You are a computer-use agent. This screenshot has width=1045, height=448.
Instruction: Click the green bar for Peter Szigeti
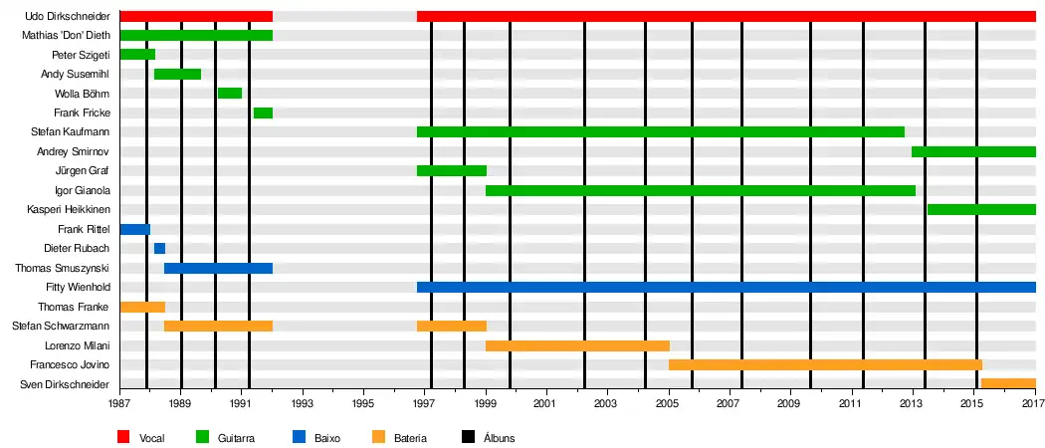point(137,55)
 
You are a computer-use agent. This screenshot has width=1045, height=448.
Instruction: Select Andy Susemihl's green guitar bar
point(177,74)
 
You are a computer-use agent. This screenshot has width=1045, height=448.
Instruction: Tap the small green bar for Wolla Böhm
point(230,94)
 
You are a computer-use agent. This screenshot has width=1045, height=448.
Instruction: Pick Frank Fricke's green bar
point(263,112)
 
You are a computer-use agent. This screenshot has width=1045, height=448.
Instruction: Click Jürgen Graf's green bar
point(452,171)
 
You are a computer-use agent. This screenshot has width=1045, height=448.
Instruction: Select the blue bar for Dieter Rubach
point(160,249)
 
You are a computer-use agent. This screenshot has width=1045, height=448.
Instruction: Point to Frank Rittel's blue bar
point(134,229)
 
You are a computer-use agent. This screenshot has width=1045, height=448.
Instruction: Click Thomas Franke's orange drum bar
point(142,307)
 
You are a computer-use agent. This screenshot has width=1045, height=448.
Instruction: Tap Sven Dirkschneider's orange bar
point(1008,384)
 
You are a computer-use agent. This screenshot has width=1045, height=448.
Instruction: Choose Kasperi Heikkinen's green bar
point(981,210)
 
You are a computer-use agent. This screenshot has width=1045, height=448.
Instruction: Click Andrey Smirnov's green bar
point(973,151)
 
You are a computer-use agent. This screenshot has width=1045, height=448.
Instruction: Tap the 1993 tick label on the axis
point(303,405)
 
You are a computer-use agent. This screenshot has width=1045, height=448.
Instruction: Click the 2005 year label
point(667,405)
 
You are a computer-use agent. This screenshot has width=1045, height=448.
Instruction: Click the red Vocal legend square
point(124,437)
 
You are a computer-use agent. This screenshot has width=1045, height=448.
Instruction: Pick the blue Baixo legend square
point(299,437)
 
